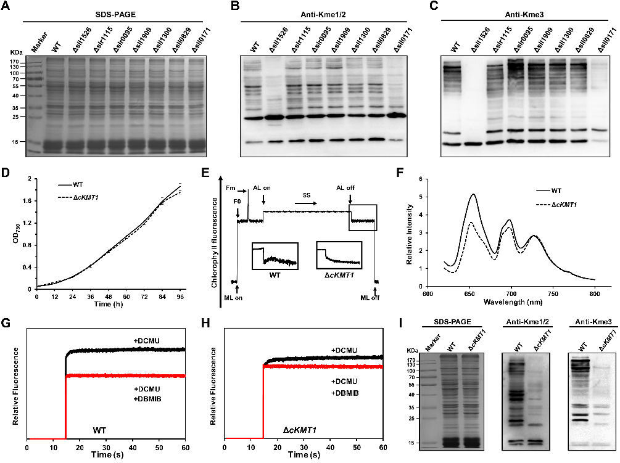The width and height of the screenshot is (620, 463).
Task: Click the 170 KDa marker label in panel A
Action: click(15, 62)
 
